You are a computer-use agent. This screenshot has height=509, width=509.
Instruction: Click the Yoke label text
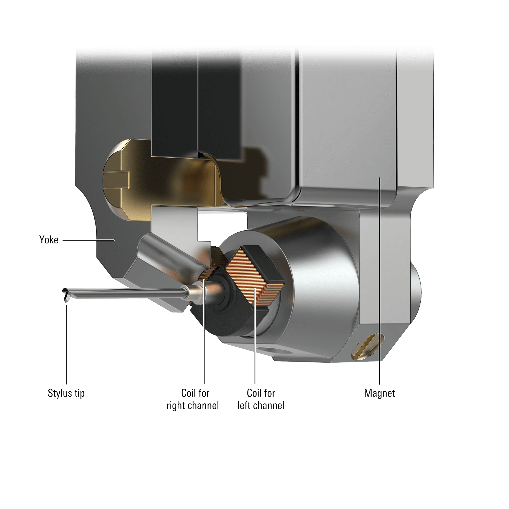coord(49,240)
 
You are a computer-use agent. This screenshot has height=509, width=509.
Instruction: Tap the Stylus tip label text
coord(66,393)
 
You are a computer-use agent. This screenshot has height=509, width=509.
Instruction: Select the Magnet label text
coord(380,393)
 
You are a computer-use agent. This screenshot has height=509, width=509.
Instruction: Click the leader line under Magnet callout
coord(380,290)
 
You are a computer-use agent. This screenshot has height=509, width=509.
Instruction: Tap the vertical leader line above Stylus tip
coord(66,343)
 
